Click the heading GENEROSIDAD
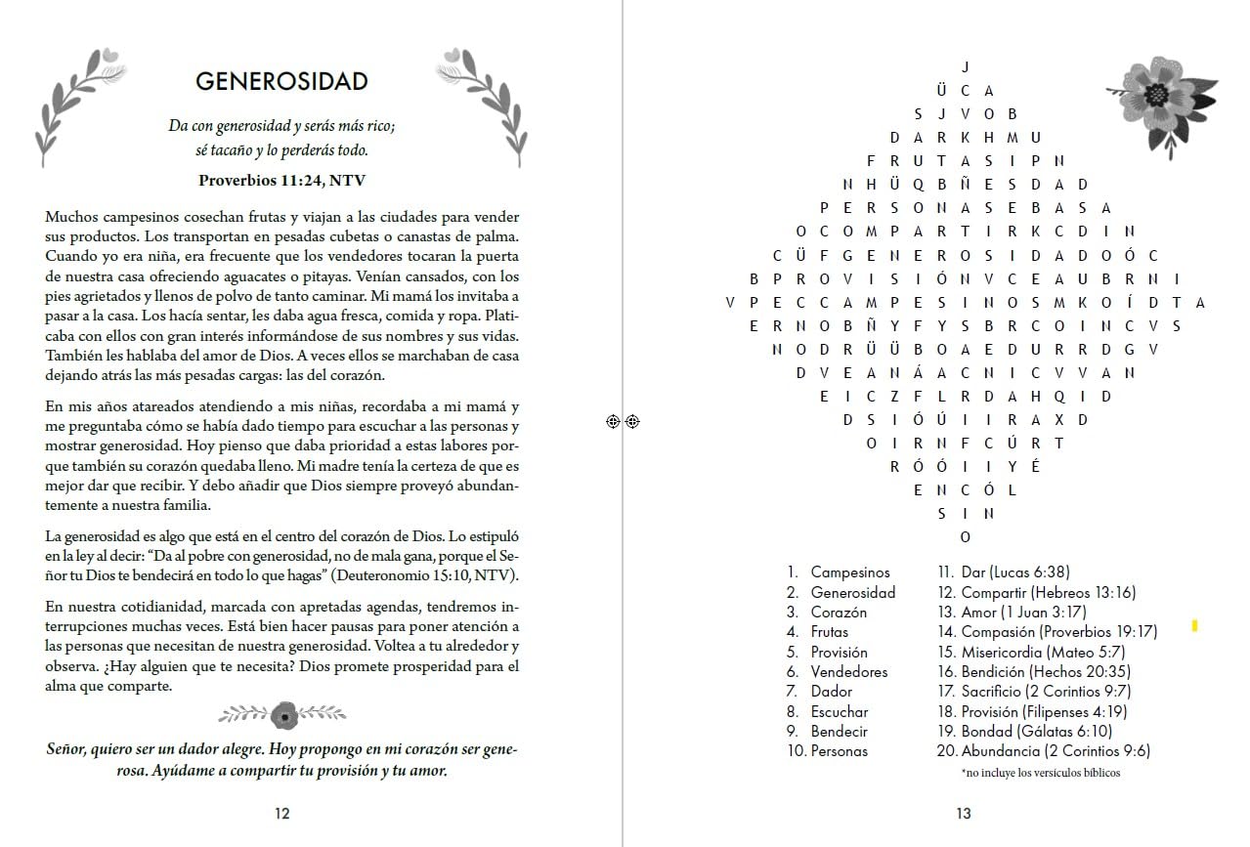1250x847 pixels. point(281,81)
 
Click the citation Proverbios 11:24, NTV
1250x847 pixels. point(281,180)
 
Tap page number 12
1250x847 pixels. point(281,813)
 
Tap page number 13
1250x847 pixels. point(963,813)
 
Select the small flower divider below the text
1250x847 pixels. point(283,715)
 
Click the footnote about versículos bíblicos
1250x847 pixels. point(1040,773)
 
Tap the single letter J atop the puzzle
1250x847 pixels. point(966,67)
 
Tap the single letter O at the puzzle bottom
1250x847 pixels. point(966,536)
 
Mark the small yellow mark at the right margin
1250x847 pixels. point(1194,626)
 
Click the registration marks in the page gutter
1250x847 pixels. point(623,421)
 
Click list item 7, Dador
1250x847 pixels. point(831,692)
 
